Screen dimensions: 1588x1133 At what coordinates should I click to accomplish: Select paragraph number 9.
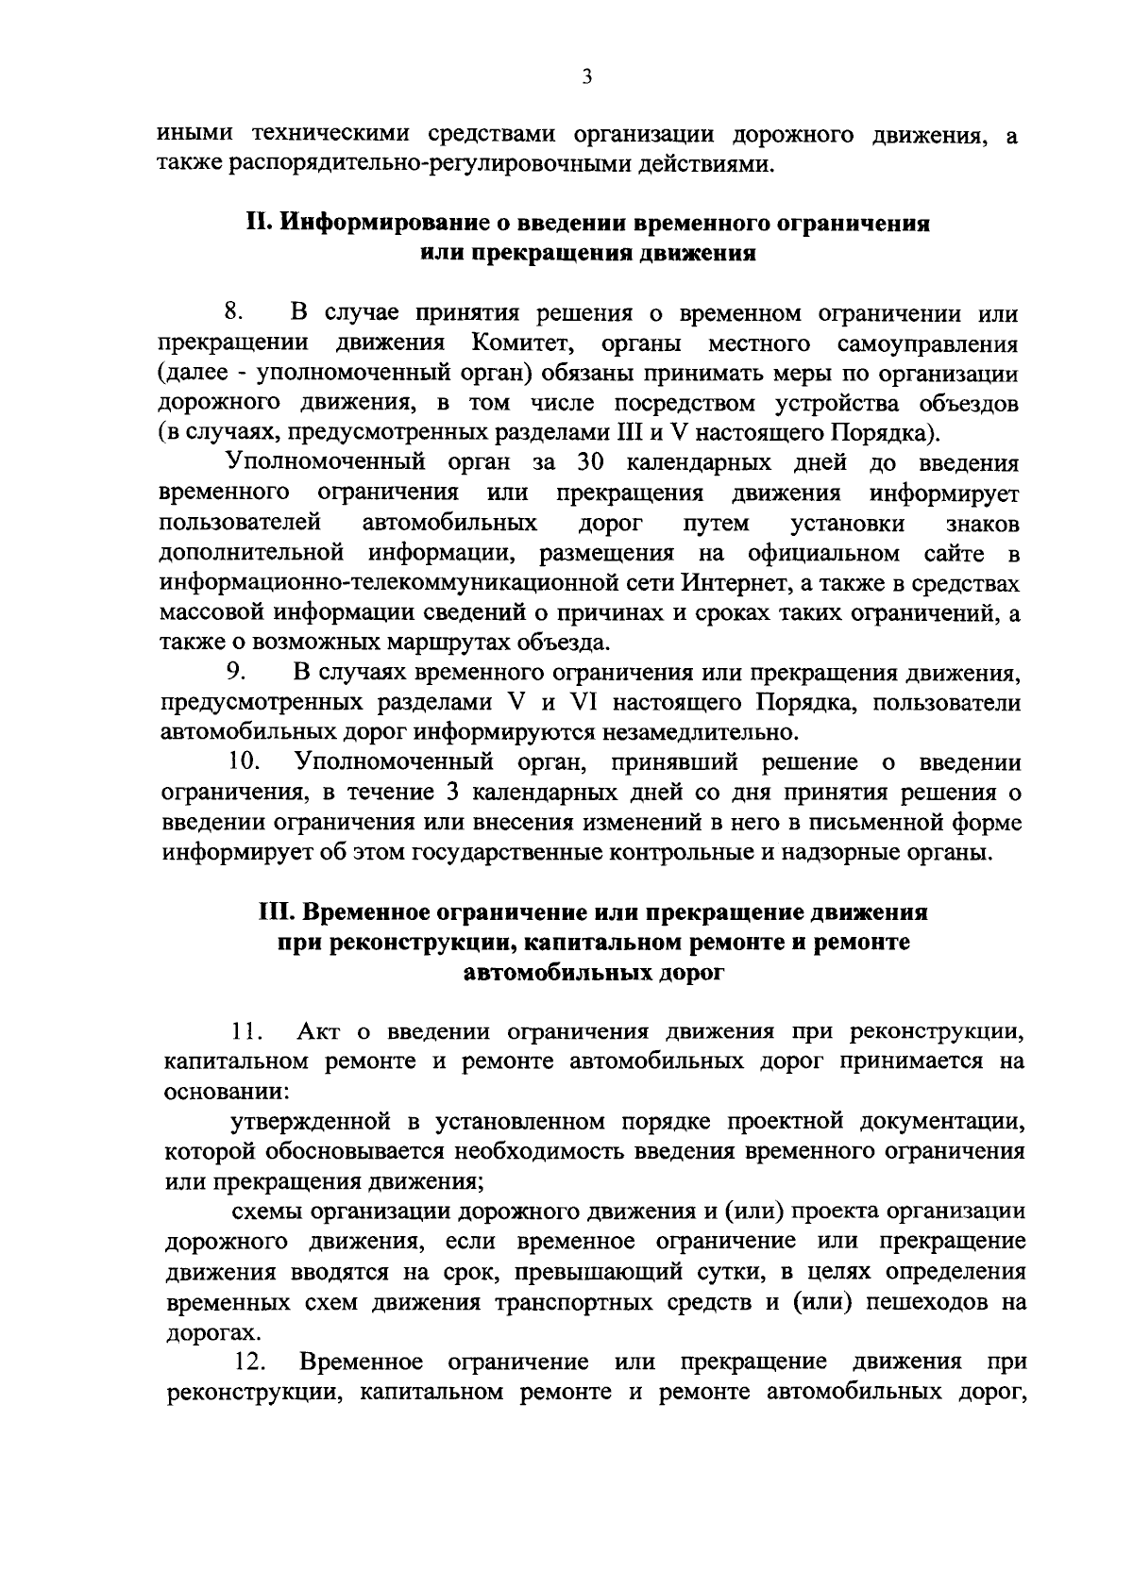pyautogui.click(x=236, y=673)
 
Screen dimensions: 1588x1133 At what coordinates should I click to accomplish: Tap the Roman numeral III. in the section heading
pyautogui.click(x=279, y=912)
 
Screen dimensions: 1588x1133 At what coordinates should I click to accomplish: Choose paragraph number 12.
pyautogui.click(x=248, y=1362)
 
